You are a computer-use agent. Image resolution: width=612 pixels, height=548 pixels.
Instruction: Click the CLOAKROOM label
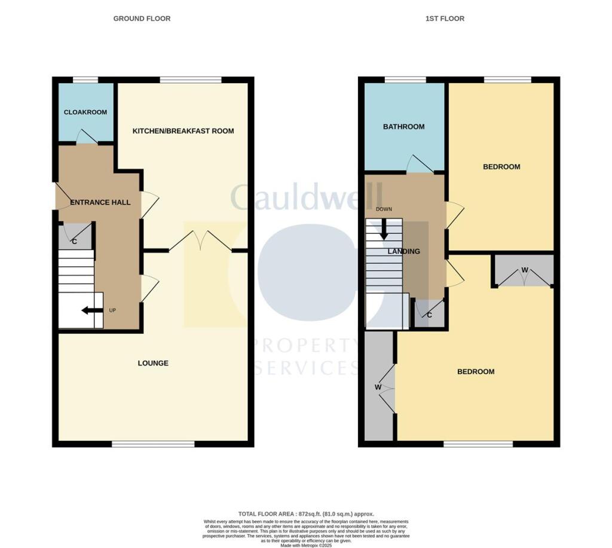(85, 112)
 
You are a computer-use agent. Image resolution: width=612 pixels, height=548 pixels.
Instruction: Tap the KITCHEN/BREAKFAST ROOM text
(183, 131)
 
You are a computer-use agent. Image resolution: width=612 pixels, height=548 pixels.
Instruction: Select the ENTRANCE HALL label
(100, 203)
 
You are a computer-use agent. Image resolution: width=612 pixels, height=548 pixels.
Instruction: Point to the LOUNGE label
(153, 363)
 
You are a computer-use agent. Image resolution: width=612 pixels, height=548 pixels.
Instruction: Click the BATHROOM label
(404, 127)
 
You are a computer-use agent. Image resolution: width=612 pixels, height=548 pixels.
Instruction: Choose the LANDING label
(403, 252)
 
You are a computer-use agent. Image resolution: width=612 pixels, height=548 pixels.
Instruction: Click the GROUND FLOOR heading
(142, 19)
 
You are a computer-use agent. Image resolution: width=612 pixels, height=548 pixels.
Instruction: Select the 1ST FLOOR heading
(445, 19)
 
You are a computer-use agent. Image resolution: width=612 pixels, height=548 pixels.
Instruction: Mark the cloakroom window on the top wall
(85, 80)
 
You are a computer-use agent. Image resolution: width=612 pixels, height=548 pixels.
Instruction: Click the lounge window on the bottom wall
(153, 444)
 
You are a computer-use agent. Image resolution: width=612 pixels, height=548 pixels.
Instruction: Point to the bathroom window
(405, 80)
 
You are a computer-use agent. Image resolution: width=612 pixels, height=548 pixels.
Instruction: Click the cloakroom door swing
(87, 138)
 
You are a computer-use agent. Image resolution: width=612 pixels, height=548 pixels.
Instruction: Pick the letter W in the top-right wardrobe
(525, 270)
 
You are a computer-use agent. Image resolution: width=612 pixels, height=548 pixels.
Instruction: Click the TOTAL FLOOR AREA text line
(305, 514)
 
